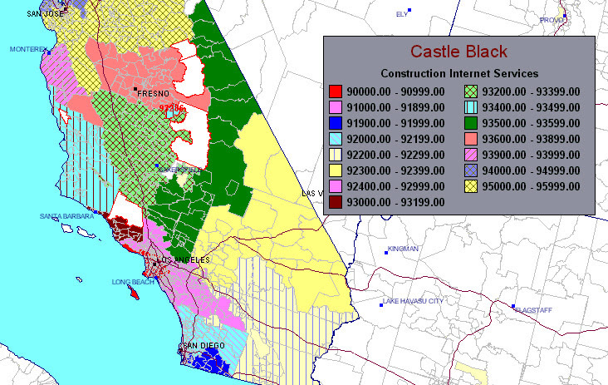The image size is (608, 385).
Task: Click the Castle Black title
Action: click(x=458, y=52)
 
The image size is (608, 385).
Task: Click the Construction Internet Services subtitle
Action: click(x=459, y=74)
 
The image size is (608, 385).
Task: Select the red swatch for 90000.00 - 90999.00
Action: click(x=336, y=91)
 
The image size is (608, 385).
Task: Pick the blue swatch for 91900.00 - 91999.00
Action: click(x=336, y=123)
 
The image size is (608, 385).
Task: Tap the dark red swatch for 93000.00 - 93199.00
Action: click(x=336, y=202)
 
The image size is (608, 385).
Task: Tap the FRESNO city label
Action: click(x=154, y=94)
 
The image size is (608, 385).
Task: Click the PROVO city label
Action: click(x=552, y=20)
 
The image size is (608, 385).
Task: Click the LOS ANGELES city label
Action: click(x=186, y=260)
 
